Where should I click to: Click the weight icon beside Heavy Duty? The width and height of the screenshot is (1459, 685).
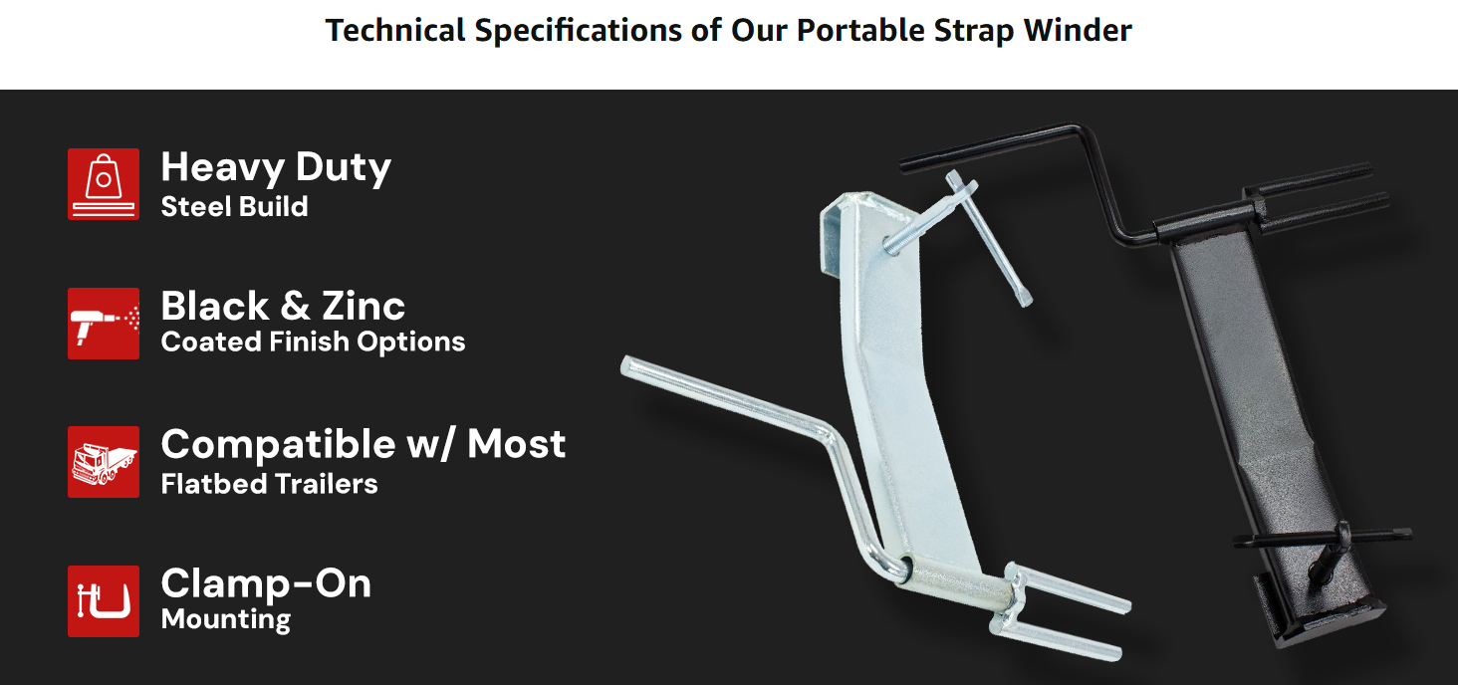click(x=103, y=184)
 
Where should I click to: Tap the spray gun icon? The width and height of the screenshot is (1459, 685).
click(x=103, y=324)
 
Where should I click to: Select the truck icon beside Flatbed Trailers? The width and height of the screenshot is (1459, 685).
click(x=103, y=462)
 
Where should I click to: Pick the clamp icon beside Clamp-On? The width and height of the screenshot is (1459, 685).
click(x=103, y=601)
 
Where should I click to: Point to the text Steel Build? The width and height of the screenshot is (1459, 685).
click(x=234, y=207)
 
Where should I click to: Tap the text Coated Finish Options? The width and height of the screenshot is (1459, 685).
click(x=313, y=342)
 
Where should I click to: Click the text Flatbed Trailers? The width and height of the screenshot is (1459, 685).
click(x=269, y=484)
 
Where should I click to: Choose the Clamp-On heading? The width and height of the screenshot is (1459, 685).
click(x=266, y=583)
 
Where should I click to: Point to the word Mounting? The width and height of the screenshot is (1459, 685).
click(x=226, y=619)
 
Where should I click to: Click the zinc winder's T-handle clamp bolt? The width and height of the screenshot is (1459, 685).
click(x=986, y=239)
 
